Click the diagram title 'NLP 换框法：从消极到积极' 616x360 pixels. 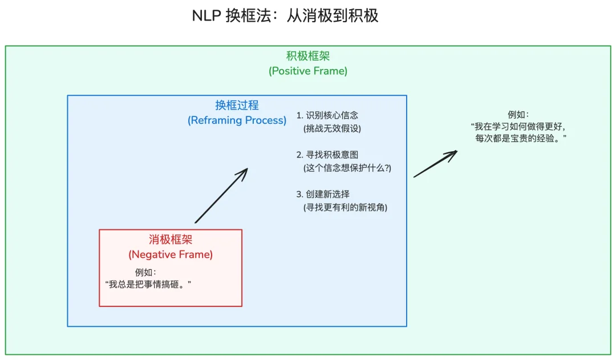point(285,15)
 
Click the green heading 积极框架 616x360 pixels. point(308,56)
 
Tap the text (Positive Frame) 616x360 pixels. point(308,71)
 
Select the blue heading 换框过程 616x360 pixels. point(237,105)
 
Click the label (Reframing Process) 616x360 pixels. point(237,120)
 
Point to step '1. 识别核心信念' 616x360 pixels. point(327,115)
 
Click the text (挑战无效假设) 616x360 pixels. point(333,128)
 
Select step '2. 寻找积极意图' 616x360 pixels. point(327,155)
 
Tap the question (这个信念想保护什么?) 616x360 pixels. point(347,168)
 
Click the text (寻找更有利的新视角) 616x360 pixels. point(346,207)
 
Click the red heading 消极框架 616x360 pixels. point(171,240)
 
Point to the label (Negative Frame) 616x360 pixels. point(171,254)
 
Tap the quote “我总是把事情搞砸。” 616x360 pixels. point(148,284)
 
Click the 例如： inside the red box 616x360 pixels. point(145,272)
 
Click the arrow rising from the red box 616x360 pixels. point(221,195)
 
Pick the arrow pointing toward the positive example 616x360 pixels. point(435,164)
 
